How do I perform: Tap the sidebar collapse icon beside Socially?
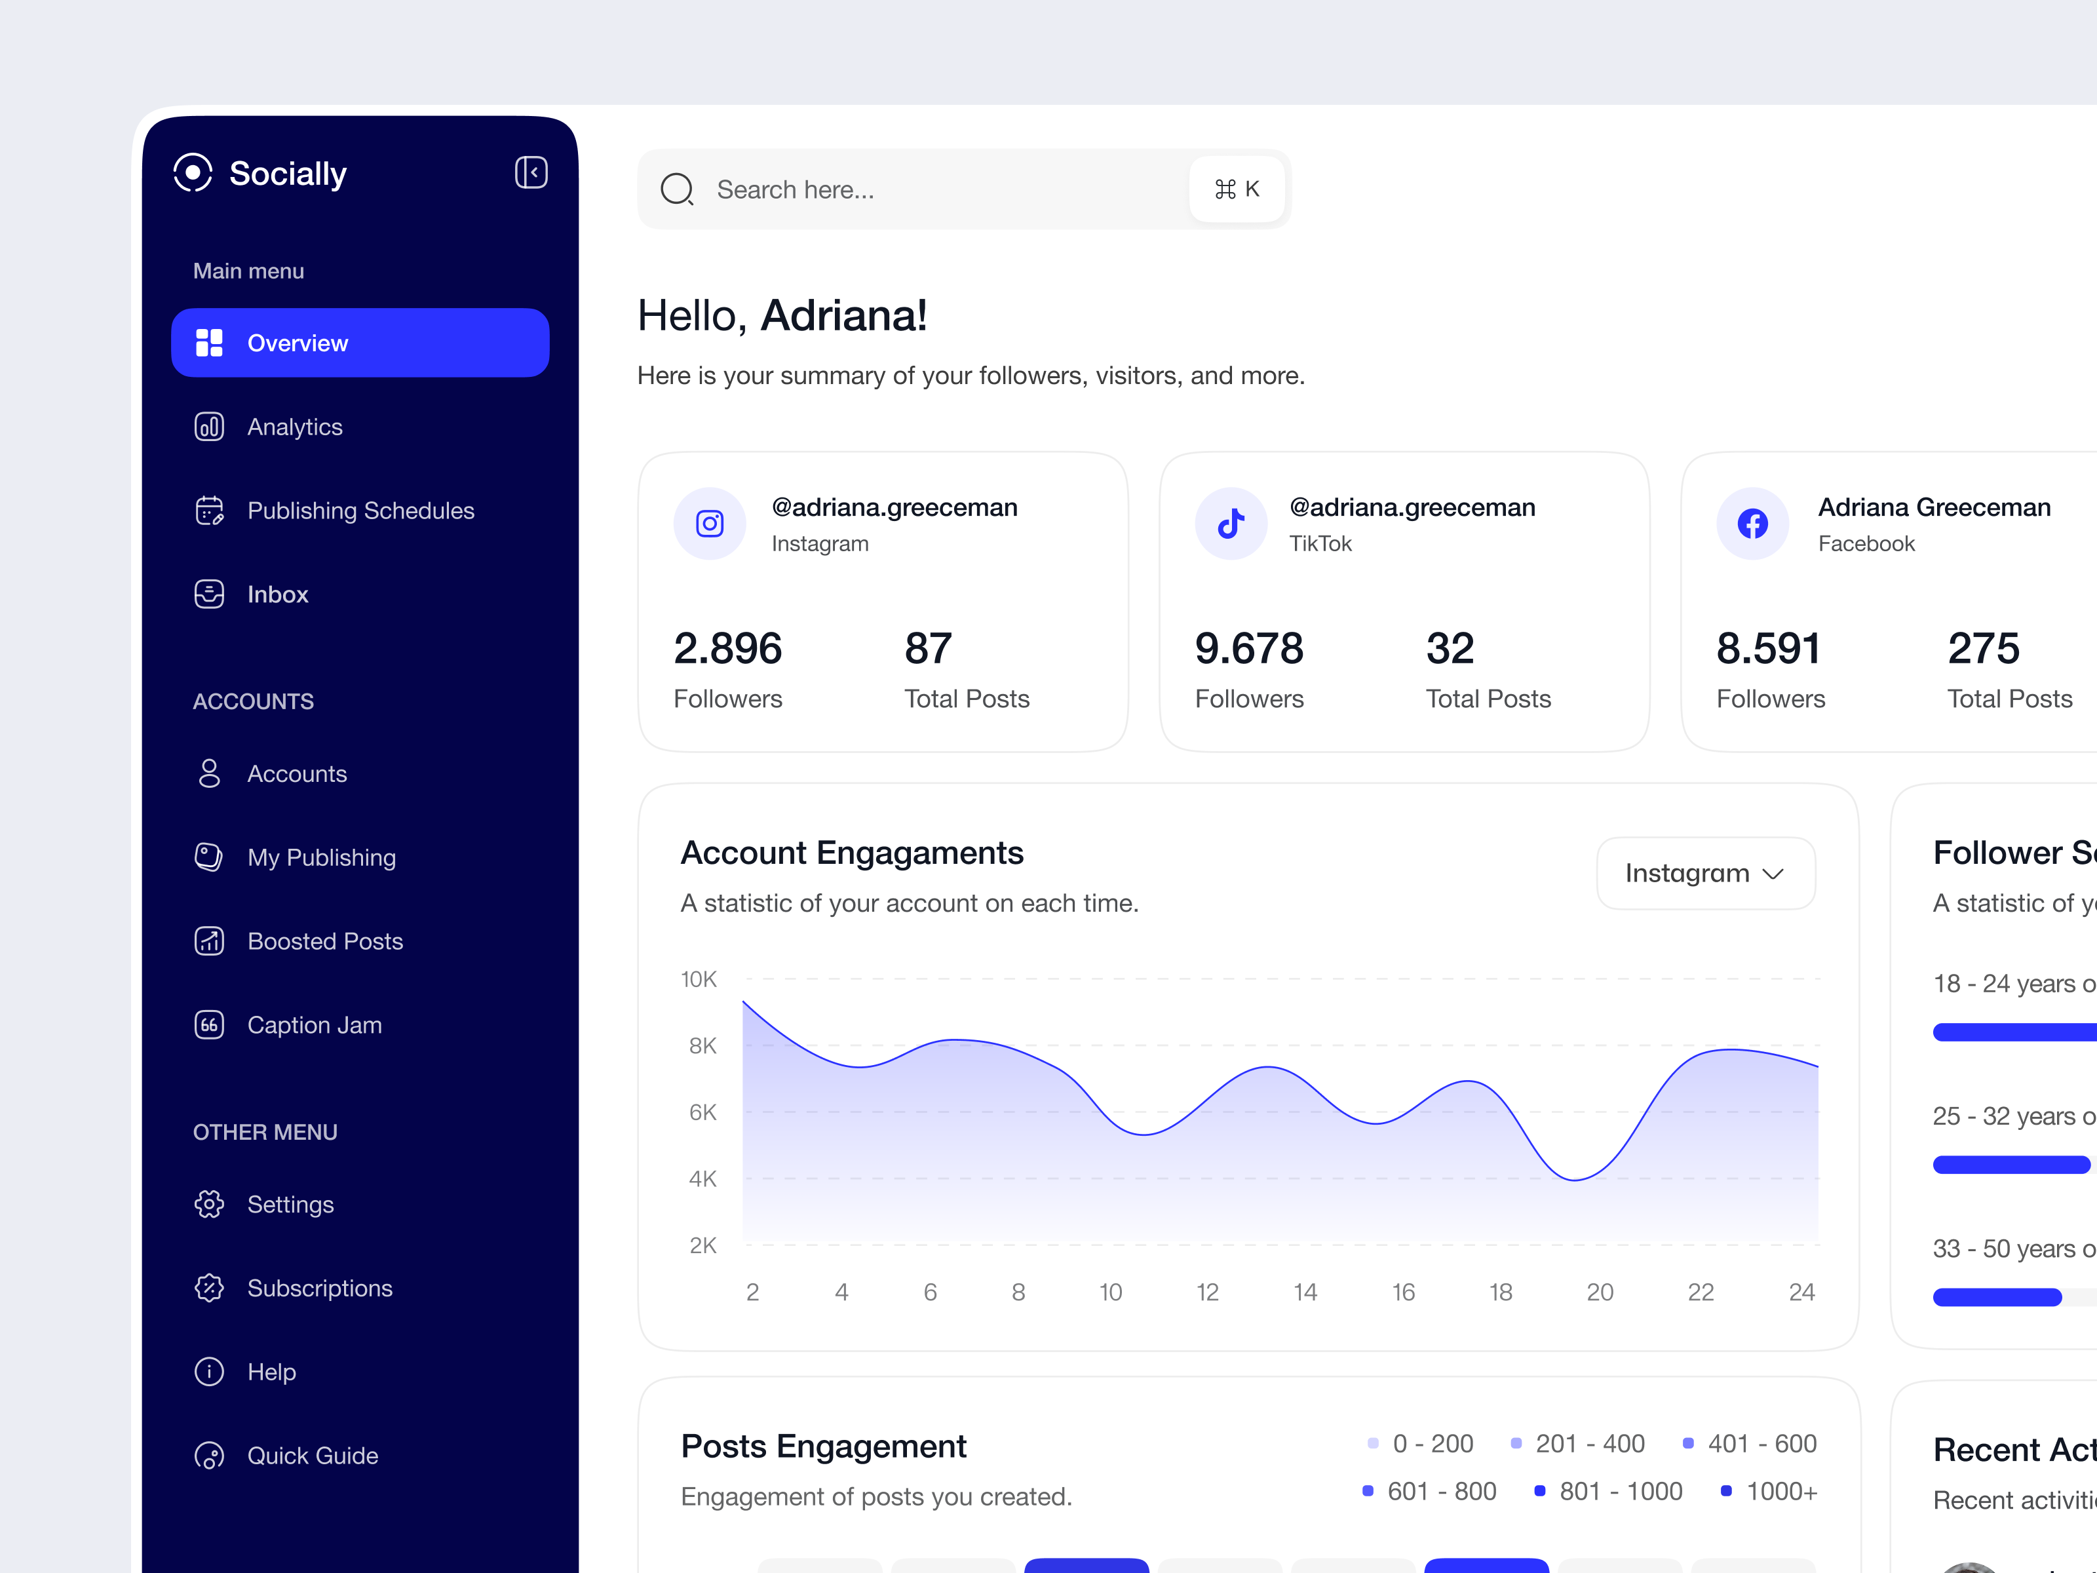point(531,172)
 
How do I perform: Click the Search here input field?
point(938,189)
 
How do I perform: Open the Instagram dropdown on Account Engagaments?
point(1704,873)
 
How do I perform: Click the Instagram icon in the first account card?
point(709,524)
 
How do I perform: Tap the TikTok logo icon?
point(1231,524)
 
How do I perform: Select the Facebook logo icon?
point(1752,524)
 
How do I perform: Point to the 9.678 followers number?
point(1248,650)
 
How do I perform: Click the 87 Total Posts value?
point(927,650)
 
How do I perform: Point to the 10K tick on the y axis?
point(699,979)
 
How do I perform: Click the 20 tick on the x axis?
point(1600,1292)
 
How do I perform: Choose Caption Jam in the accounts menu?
point(314,1025)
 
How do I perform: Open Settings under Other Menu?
point(290,1204)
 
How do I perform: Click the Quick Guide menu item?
point(312,1456)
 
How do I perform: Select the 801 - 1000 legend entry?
point(1609,1492)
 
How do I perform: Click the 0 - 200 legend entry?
point(1421,1444)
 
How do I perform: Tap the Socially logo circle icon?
point(193,172)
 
